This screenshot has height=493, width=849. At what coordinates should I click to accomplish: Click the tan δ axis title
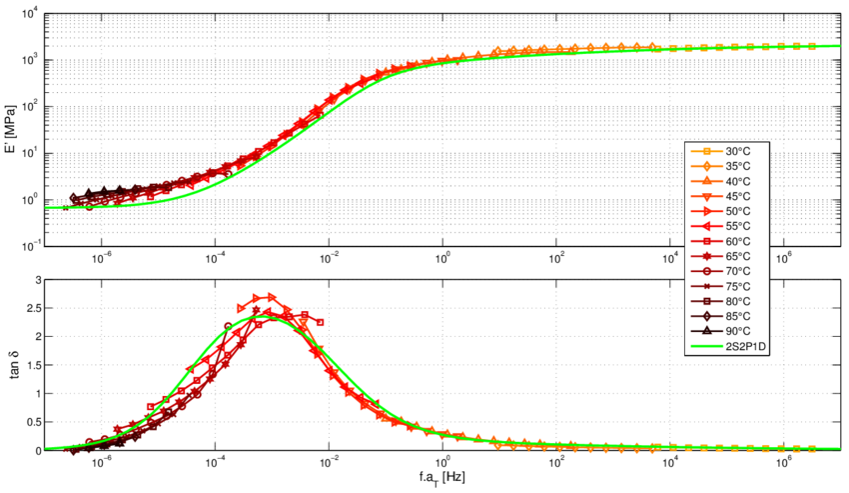(x=12, y=365)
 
